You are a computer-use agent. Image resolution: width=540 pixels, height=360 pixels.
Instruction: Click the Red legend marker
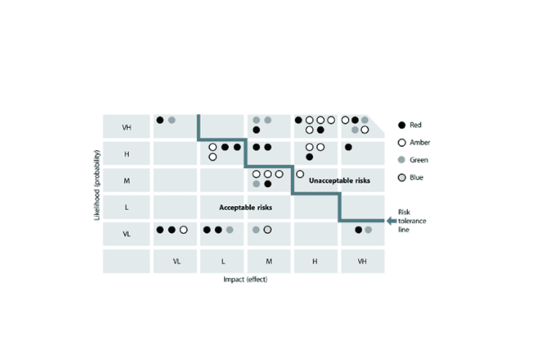pyautogui.click(x=401, y=125)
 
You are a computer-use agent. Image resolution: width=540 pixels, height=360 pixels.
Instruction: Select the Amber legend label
pyautogui.click(x=419, y=142)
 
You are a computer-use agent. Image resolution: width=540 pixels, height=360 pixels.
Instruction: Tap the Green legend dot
pyautogui.click(x=401, y=160)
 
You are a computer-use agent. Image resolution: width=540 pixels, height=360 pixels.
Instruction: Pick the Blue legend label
pyautogui.click(x=417, y=177)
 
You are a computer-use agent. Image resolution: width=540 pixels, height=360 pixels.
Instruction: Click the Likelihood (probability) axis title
pyautogui.click(x=97, y=185)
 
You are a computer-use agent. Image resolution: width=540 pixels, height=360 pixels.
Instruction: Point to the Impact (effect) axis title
pyautogui.click(x=245, y=279)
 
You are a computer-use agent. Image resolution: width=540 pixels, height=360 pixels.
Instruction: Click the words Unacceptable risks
pyautogui.click(x=339, y=181)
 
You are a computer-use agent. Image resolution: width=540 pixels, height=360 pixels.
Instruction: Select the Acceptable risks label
pyautogui.click(x=246, y=207)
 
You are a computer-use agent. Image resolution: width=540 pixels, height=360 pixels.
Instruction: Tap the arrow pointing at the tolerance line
pyautogui.click(x=391, y=220)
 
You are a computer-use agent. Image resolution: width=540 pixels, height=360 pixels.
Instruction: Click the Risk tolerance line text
pyautogui.click(x=412, y=220)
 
